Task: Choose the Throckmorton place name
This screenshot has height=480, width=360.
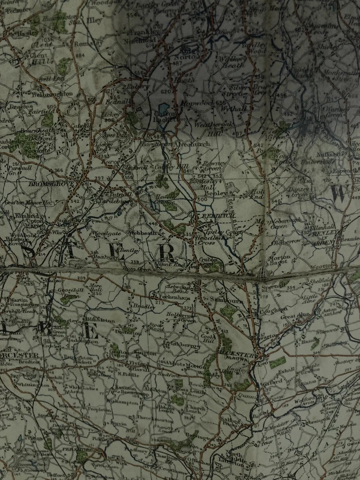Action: [150, 416]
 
